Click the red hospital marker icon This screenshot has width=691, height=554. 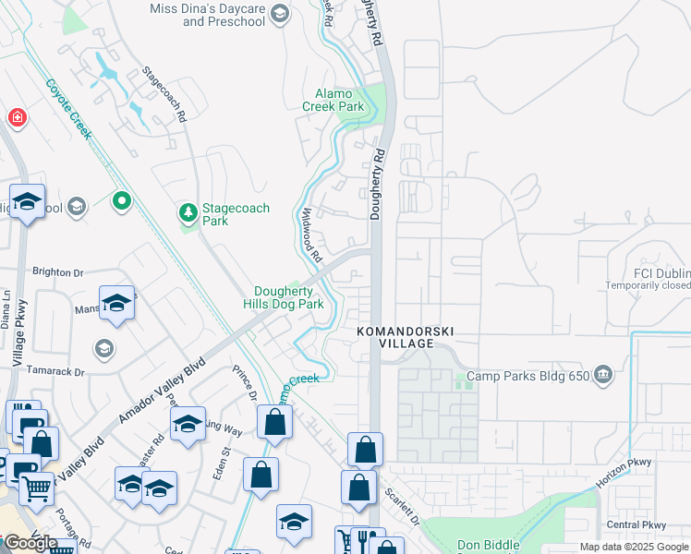click(17, 117)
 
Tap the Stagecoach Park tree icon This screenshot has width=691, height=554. click(188, 214)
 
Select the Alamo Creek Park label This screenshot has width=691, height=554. click(340, 100)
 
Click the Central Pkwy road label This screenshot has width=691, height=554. click(636, 525)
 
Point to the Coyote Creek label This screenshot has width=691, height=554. click(69, 109)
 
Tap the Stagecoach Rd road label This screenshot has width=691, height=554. click(165, 95)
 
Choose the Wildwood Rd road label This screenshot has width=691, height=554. click(309, 235)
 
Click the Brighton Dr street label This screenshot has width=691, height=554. click(57, 272)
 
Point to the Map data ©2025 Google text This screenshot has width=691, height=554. click(633, 547)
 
